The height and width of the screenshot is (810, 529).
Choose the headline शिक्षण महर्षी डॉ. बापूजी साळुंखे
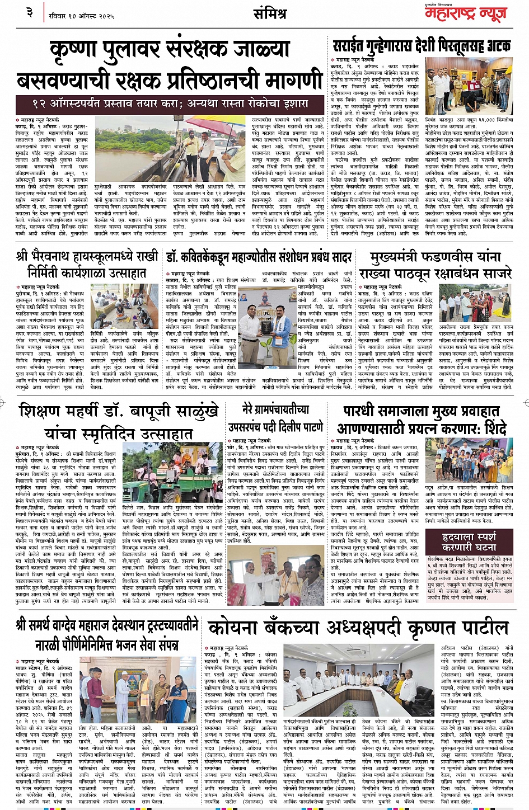coord(118,422)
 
